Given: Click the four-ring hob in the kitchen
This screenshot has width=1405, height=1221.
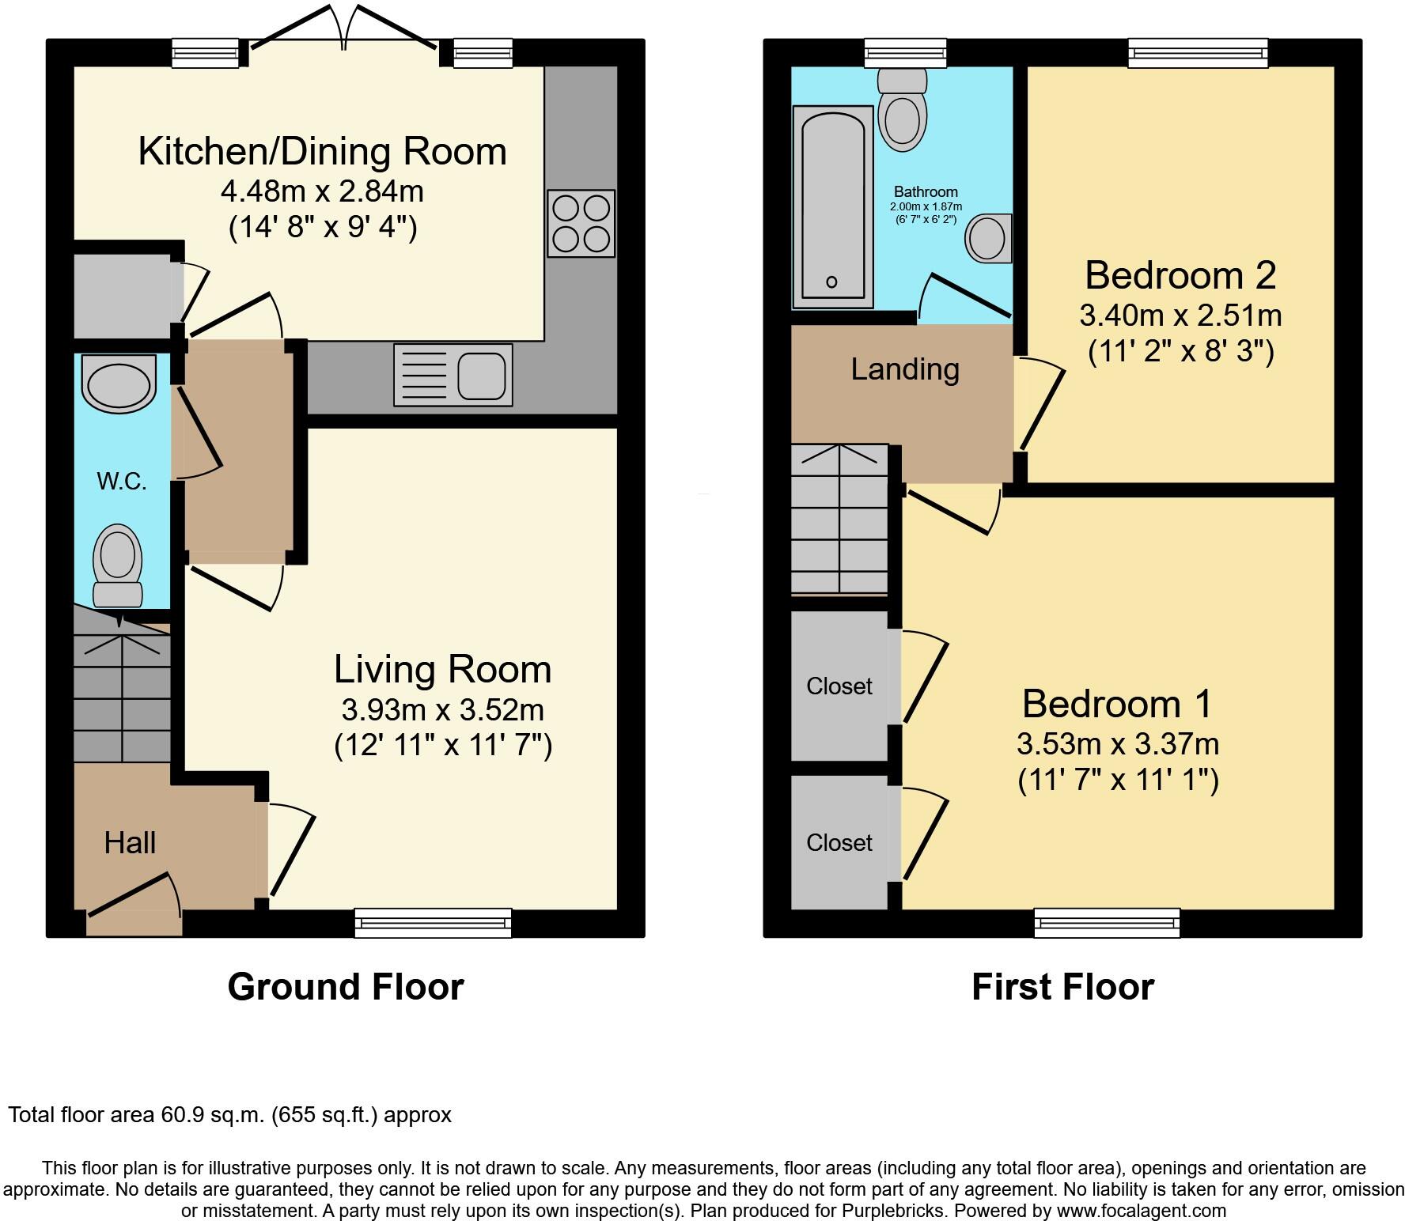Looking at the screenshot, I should click(581, 223).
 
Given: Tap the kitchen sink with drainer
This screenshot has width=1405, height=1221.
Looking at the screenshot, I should click(453, 375).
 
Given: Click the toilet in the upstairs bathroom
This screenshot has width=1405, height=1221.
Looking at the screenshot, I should click(902, 111).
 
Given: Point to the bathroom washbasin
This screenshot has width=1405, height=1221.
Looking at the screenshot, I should click(988, 237).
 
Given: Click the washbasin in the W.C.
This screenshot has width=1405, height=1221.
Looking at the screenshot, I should click(119, 384).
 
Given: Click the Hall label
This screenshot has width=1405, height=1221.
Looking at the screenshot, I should click(130, 843).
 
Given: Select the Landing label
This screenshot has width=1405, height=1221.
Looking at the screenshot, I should click(905, 369).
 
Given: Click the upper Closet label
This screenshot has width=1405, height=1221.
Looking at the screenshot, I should click(839, 686).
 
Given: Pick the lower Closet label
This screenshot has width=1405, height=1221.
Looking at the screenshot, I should click(839, 842).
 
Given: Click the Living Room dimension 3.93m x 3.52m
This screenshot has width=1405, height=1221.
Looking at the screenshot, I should click(442, 709).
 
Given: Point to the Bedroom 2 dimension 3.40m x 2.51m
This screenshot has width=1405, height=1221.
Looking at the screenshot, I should click(1180, 316).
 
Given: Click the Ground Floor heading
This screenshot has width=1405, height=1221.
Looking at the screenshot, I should click(346, 987).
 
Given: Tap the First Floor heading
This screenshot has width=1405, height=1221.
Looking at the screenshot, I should click(1062, 987).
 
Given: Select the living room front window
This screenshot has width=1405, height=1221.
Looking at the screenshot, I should click(433, 922).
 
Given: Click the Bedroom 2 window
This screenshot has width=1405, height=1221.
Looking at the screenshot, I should click(1198, 53).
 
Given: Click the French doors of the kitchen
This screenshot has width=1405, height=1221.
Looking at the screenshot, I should click(343, 32).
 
